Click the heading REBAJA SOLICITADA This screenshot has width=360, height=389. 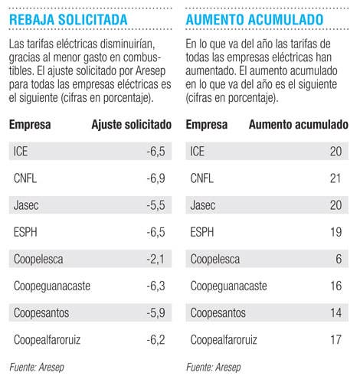coord(68,20)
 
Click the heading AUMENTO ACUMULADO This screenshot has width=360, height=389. coord(254,20)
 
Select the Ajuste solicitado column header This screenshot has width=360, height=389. coord(132,125)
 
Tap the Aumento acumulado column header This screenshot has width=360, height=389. coord(299,125)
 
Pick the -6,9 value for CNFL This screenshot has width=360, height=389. coord(155,178)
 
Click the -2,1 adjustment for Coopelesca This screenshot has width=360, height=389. coord(155,259)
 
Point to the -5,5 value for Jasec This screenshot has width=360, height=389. coord(155,205)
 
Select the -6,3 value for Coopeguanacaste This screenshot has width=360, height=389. coord(155,286)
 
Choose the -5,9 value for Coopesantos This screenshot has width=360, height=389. coord(155,313)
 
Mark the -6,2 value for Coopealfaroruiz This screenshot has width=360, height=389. coord(155,340)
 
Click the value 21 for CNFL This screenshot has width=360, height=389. coord(335,178)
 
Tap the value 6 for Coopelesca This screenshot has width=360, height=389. coord(339,259)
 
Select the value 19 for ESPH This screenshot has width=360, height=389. coord(336,232)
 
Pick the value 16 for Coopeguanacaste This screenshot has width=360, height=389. coord(336,286)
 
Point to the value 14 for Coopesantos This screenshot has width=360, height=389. coord(336,313)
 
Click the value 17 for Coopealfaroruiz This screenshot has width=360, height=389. coord(336,340)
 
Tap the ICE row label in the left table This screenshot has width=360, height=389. coord(21,152)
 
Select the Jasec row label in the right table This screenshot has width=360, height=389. coord(203,205)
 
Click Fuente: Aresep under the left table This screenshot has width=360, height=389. coord(37,368)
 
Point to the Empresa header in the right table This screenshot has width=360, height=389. coord(207,125)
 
